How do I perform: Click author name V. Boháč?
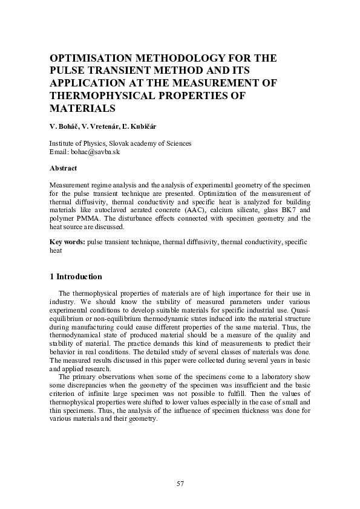(x=65, y=128)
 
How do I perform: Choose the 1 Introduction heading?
(x=76, y=277)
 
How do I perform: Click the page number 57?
(x=180, y=484)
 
